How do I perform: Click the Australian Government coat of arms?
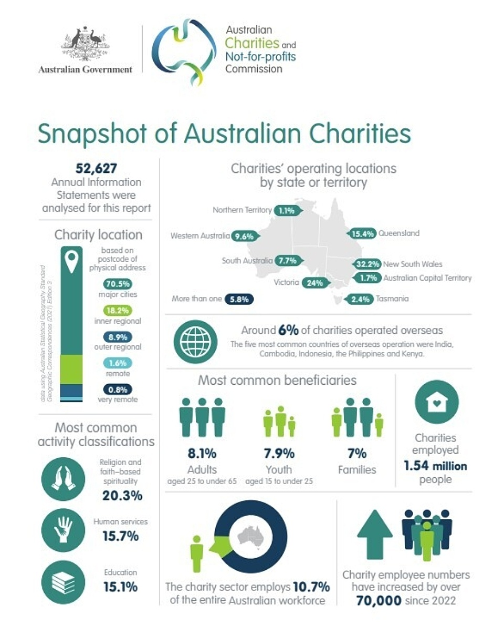[x=85, y=44]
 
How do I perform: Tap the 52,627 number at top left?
[x=96, y=169]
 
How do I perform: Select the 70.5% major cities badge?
[x=118, y=284]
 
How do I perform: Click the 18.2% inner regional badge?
[x=118, y=311]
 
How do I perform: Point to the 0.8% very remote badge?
[x=118, y=390]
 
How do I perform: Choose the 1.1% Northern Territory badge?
[x=288, y=211]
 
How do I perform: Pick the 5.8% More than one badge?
[x=239, y=300]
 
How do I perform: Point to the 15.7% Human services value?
[x=120, y=536]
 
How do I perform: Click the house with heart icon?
[x=437, y=402]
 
